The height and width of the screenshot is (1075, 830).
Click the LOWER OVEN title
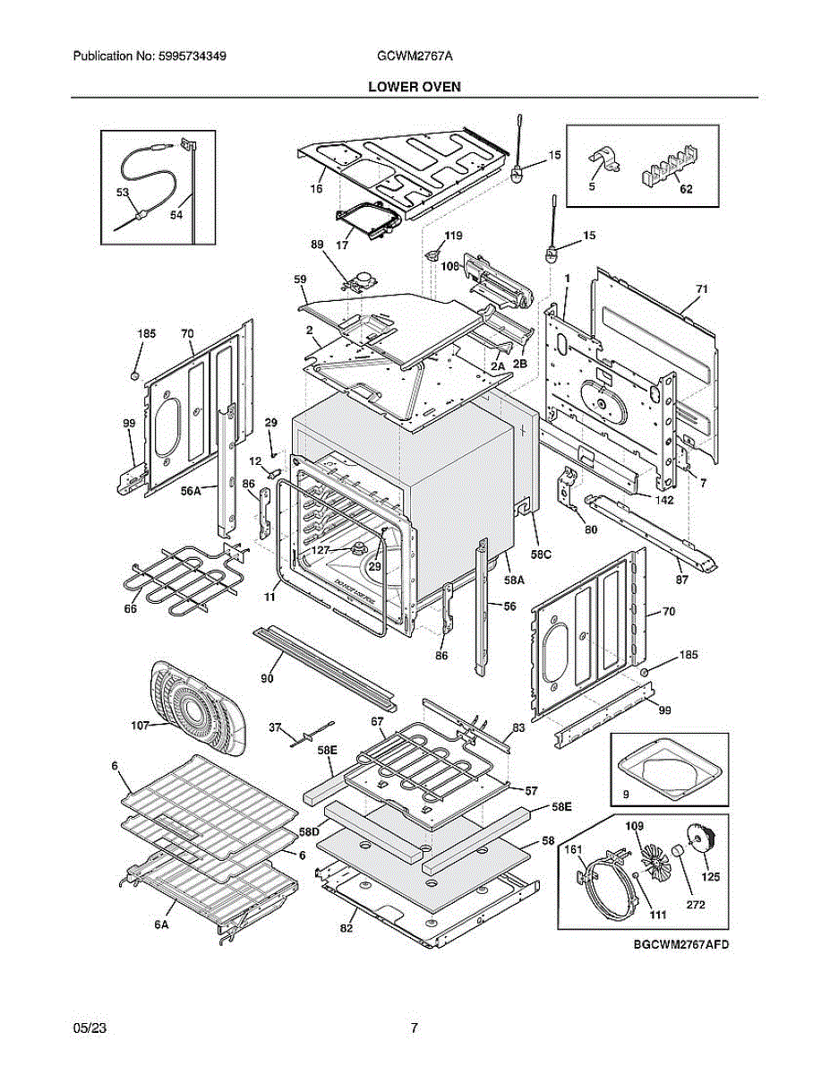(x=414, y=86)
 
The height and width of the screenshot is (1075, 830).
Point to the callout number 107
(x=141, y=726)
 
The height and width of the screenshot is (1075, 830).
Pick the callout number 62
(x=685, y=190)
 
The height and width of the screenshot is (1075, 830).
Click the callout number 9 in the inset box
(x=626, y=794)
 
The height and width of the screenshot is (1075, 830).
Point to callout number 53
(x=123, y=193)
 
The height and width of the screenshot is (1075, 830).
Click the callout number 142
(x=663, y=499)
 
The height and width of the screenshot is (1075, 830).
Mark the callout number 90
(x=267, y=679)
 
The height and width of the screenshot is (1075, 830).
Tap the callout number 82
(x=347, y=928)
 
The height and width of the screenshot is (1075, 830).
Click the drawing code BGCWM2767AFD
(x=676, y=945)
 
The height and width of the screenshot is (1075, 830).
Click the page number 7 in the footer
(x=414, y=1028)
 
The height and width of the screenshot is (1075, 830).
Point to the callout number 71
(x=702, y=289)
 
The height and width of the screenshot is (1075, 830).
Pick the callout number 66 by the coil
(x=131, y=609)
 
